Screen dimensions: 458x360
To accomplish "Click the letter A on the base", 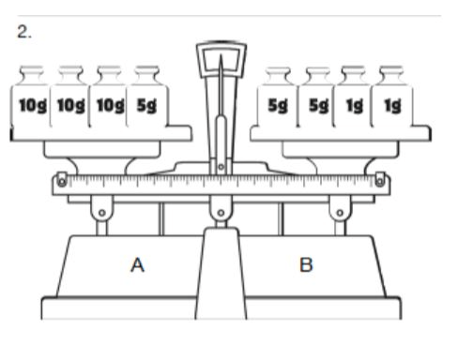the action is click(x=137, y=265).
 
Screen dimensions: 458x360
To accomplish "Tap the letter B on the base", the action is click(x=306, y=265).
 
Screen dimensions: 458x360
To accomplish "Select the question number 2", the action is click(x=24, y=32).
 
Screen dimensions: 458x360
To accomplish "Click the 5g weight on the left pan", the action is click(x=147, y=97).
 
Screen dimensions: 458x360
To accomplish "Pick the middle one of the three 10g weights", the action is click(x=70, y=97).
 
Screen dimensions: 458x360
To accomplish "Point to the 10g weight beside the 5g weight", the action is click(x=109, y=97).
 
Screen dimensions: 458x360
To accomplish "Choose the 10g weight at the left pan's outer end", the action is click(x=31, y=97).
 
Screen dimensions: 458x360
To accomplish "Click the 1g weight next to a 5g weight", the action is click(x=353, y=97).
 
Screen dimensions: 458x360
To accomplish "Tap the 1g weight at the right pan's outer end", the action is click(x=391, y=97).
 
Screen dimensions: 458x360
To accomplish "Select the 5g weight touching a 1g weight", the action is click(x=317, y=97).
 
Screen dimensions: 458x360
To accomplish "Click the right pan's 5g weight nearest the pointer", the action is click(x=278, y=97).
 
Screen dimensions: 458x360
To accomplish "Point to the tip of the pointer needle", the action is click(x=221, y=55).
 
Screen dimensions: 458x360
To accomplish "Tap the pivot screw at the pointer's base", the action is click(x=221, y=167).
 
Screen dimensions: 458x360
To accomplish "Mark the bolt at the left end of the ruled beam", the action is click(x=62, y=181).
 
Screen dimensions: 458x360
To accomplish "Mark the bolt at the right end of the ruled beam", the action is click(x=380, y=181).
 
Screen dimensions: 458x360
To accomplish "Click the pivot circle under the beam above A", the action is click(x=102, y=213).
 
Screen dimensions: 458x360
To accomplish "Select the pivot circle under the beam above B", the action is click(x=340, y=213).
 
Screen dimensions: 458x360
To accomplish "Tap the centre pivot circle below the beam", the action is click(x=221, y=213).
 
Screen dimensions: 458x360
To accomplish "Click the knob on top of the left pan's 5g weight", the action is click(x=147, y=74).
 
